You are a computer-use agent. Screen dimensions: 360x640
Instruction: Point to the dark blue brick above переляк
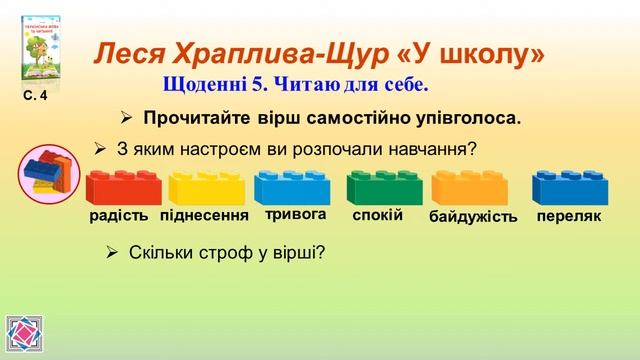pyautogui.click(x=565, y=188)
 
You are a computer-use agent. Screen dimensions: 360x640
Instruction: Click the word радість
pyautogui.click(x=118, y=216)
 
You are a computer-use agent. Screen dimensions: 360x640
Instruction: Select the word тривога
pyautogui.click(x=296, y=214)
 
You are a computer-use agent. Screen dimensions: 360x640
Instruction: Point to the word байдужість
pyautogui.click(x=473, y=217)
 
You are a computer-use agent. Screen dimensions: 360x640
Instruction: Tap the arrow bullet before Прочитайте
pyautogui.click(x=126, y=118)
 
